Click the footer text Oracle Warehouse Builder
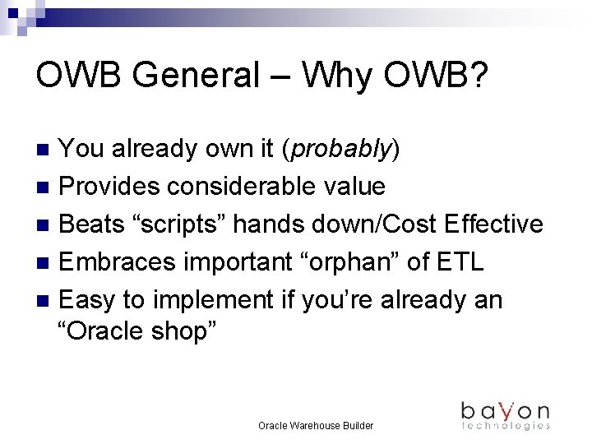coord(316,426)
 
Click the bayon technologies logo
coord(505,414)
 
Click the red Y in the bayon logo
coord(507,409)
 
